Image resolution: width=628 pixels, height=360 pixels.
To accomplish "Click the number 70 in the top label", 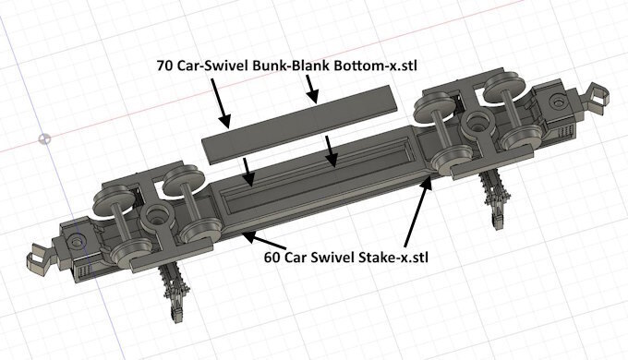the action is [164, 66].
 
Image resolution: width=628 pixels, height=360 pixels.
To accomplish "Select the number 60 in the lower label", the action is [272, 258].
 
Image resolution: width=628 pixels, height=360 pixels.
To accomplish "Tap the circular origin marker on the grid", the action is [44, 139].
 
